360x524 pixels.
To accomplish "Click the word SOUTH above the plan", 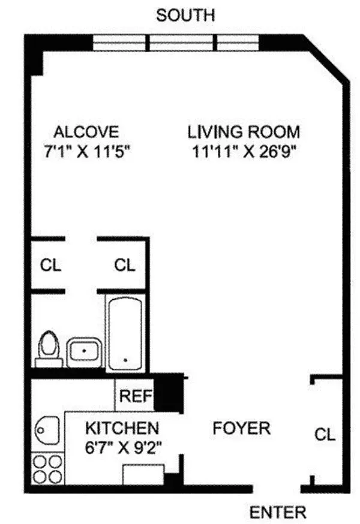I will [x=185, y=15].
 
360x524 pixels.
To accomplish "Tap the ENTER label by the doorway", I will [x=278, y=513].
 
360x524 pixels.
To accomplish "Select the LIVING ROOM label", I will [x=243, y=131].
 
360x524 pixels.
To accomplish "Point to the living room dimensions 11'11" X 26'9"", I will [x=243, y=150].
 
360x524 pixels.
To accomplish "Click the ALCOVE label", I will [x=86, y=131].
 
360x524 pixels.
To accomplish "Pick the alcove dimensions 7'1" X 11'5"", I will [x=86, y=150].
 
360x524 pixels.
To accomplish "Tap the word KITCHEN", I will [x=122, y=428].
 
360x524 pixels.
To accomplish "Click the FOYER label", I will [x=241, y=428].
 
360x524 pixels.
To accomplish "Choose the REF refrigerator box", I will [x=134, y=396].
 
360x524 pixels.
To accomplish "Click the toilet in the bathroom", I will [x=49, y=350].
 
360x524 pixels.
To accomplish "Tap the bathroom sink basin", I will [x=83, y=352].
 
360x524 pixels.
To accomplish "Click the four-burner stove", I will [x=47, y=469].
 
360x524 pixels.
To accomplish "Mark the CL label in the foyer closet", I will [x=325, y=434].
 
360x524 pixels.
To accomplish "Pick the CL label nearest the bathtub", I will [x=125, y=264].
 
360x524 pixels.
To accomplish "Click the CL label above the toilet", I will [x=50, y=264].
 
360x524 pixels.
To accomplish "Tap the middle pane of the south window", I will [x=182, y=43].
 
